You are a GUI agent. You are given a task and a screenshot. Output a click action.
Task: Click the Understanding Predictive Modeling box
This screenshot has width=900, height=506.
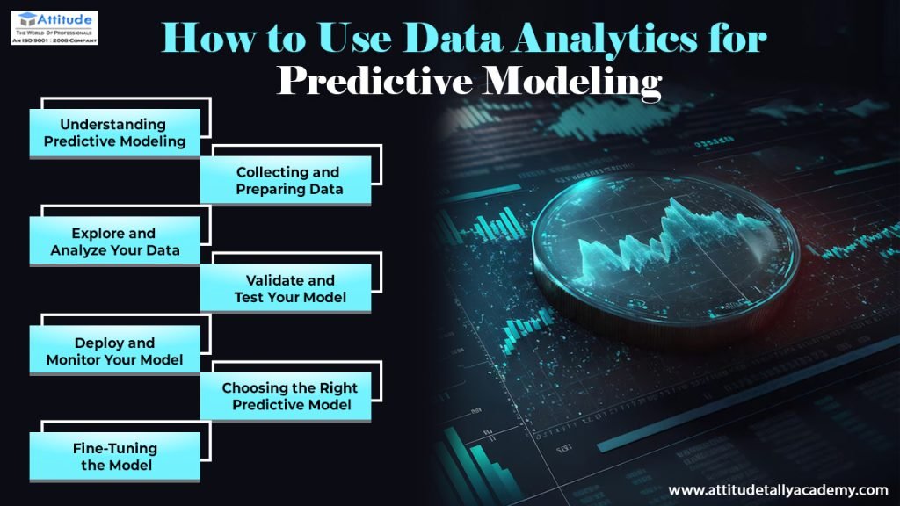(115, 133)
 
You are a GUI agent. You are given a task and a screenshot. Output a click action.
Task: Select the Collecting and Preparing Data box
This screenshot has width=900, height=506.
(287, 180)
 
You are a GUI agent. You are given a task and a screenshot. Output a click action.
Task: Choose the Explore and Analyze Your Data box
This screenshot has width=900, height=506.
(115, 242)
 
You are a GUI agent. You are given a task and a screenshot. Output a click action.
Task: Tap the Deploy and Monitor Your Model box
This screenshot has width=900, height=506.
(115, 351)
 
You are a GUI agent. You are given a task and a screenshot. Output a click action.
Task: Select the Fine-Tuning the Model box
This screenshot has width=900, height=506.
(115, 456)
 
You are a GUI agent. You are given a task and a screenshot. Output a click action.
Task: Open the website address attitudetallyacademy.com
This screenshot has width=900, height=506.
(778, 490)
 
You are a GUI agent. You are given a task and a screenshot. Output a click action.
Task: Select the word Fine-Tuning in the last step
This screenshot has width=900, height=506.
(115, 448)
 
